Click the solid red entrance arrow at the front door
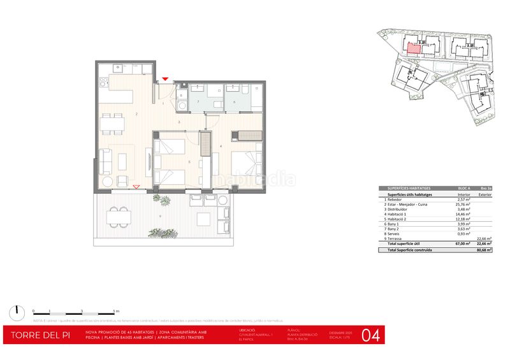click(x=165, y=79)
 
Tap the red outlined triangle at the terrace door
click(x=137, y=187)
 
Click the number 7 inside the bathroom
click(x=198, y=101)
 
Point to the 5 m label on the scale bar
click(x=115, y=310)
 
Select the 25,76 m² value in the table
click(x=464, y=204)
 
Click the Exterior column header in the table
click(x=485, y=194)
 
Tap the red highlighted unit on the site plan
click(x=413, y=47)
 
